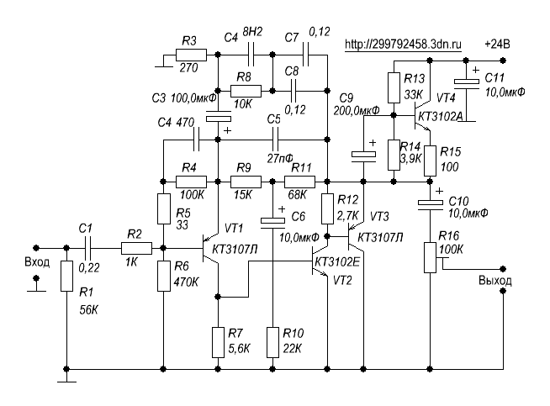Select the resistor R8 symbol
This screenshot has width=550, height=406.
pos(245,90)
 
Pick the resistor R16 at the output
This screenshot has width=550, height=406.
pos(430,256)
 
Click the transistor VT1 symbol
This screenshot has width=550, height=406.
pos(210,249)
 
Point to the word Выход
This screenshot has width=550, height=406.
pos(494,280)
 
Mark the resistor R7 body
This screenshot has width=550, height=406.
pos(218,341)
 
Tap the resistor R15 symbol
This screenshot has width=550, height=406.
pos(430,159)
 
